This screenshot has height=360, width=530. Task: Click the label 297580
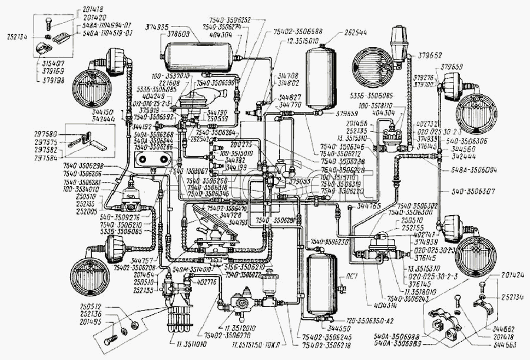[x=46, y=134]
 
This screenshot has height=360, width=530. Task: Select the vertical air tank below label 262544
[x=320, y=77]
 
